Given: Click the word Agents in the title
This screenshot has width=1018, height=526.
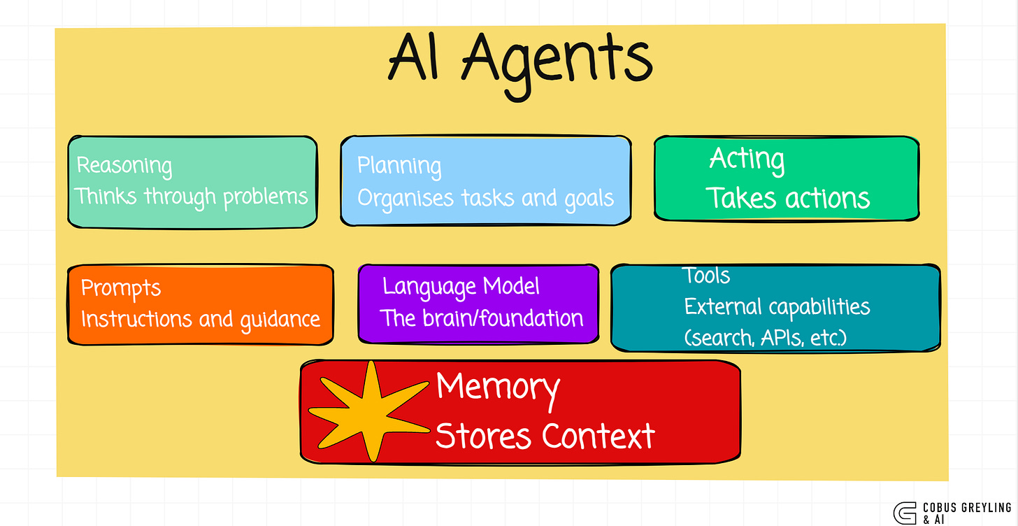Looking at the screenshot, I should tap(557, 60).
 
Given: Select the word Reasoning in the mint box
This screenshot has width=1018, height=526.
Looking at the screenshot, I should tap(124, 166).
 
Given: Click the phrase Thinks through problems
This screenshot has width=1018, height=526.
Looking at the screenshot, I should tap(192, 197).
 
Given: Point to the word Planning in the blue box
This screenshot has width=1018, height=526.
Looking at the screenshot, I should tap(399, 166).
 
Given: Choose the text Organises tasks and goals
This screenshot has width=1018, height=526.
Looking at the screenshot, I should tap(485, 198).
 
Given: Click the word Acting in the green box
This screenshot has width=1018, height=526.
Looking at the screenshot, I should tap(747, 159).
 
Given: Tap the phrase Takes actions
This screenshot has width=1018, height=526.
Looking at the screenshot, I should tap(788, 198).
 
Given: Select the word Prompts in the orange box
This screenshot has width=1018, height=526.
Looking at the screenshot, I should tap(121, 288).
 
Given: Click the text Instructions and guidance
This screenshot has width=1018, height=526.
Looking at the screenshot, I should tap(201, 319).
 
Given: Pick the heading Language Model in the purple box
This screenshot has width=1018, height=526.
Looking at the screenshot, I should tap(461, 286).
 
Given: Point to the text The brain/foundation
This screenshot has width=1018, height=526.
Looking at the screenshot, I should tap(482, 318).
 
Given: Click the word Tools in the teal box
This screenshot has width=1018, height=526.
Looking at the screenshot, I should tap(707, 276).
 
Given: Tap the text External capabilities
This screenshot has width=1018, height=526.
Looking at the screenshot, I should tap(777, 306).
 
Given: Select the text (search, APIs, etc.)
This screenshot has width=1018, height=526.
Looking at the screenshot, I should tap(766, 339).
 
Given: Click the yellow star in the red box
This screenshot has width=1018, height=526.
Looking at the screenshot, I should tap(369, 413).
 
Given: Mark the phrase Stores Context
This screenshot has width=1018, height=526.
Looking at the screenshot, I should tap(545, 436).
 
